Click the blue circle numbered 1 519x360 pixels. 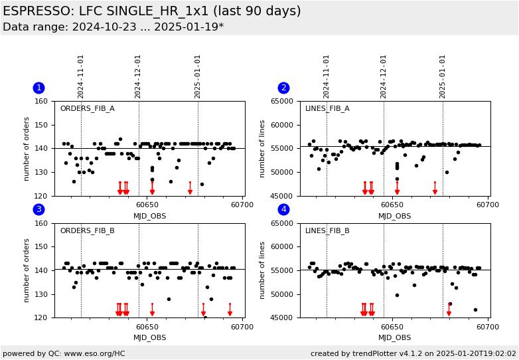(x=38, y=88)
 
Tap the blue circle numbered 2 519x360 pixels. (x=283, y=88)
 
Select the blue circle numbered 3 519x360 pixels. (x=38, y=210)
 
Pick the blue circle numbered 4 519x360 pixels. (x=283, y=210)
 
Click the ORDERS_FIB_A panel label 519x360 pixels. (x=87, y=109)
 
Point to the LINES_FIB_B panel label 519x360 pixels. (x=327, y=231)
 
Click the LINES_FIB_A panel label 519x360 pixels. (x=327, y=109)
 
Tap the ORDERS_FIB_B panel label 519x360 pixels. (x=87, y=231)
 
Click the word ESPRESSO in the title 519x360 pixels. (x=35, y=11)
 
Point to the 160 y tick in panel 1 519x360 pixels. (x=42, y=102)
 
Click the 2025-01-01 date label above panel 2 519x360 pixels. (x=443, y=76)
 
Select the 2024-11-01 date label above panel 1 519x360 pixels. (x=81, y=76)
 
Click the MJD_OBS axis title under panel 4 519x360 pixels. (x=395, y=338)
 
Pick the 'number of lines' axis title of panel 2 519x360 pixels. (x=263, y=149)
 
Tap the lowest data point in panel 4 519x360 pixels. (x=475, y=310)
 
